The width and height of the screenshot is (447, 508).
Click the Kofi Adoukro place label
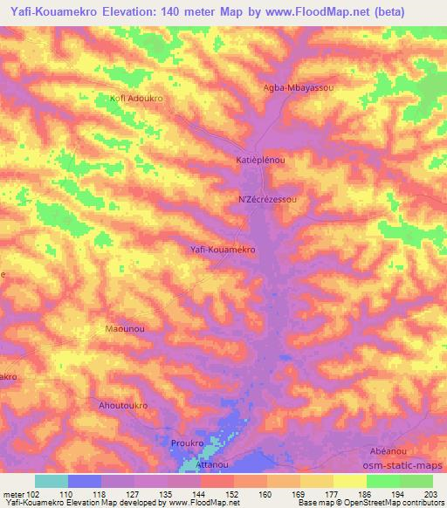(x=136, y=98)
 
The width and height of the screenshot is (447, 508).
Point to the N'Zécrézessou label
(x=273, y=200)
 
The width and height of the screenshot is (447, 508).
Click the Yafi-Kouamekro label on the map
(x=223, y=250)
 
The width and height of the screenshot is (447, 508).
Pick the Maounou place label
(x=124, y=328)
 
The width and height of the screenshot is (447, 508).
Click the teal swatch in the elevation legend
(x=52, y=481)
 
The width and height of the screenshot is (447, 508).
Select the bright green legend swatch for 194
(x=382, y=481)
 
